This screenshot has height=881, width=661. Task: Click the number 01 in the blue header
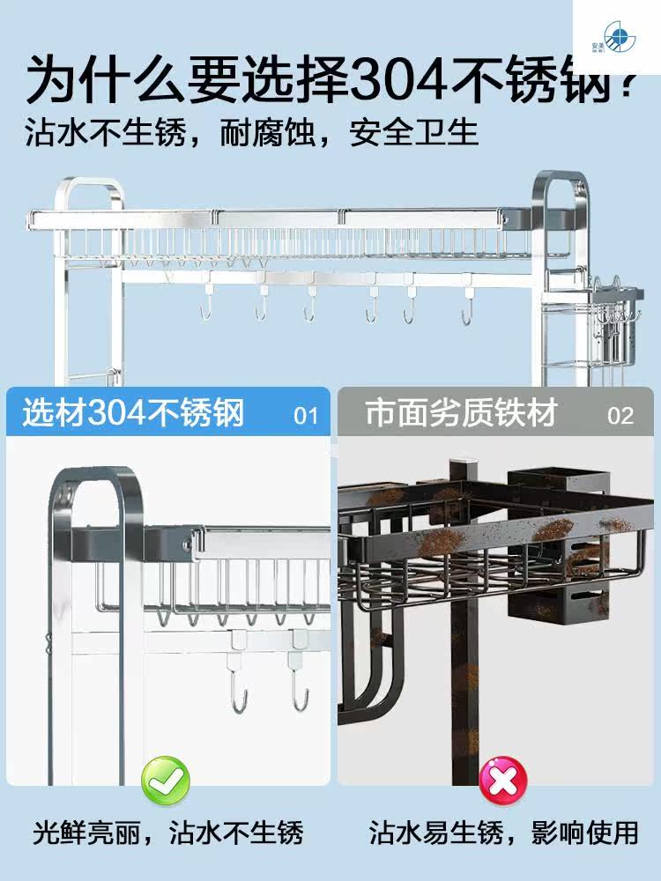pyautogui.click(x=305, y=415)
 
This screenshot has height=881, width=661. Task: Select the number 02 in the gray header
pyautogui.click(x=620, y=415)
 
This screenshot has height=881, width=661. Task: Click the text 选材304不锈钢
pyautogui.click(x=133, y=412)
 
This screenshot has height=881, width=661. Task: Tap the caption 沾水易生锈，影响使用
pyautogui.click(x=504, y=832)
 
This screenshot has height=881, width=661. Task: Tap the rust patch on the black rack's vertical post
pyautogui.click(x=468, y=678)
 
